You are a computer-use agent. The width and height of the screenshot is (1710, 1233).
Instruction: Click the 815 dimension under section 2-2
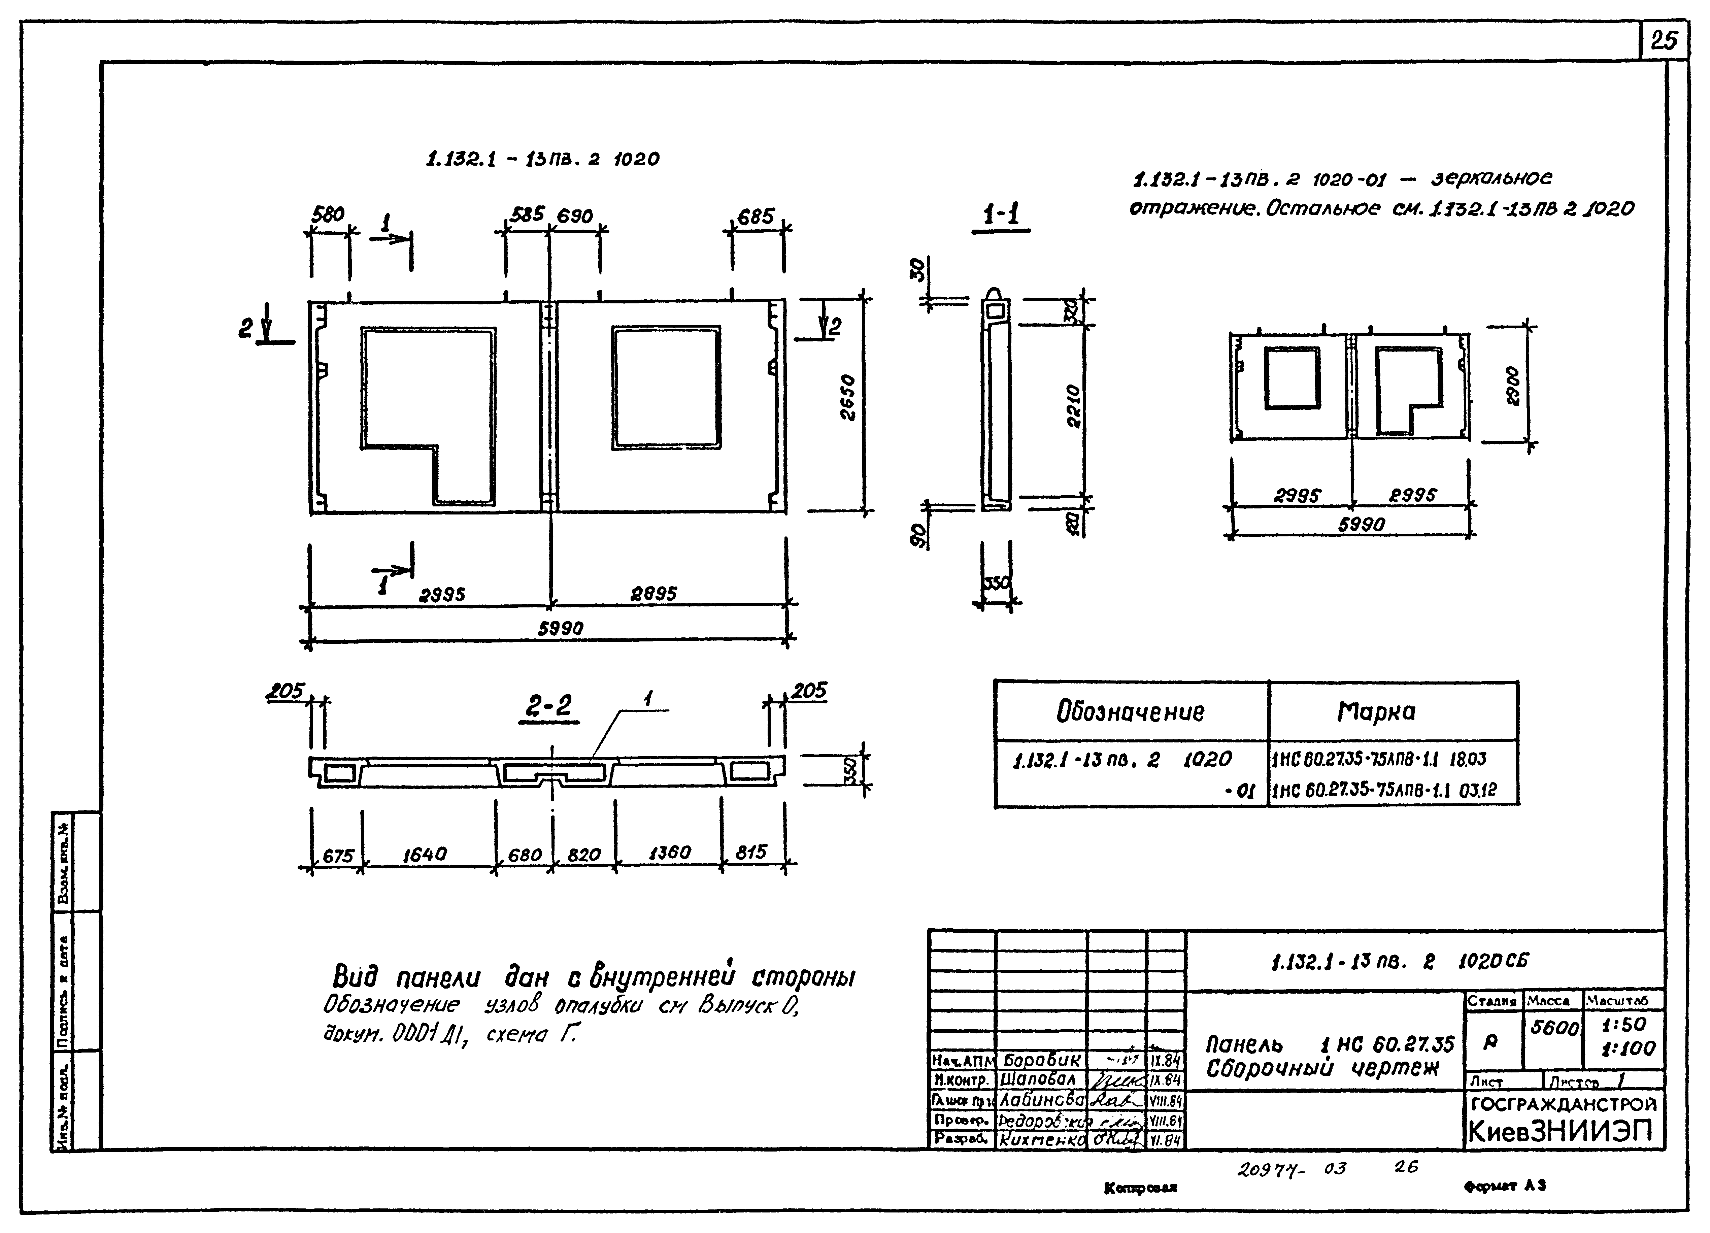(x=751, y=852)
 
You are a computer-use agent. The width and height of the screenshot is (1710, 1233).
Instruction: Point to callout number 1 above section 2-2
(x=647, y=699)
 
